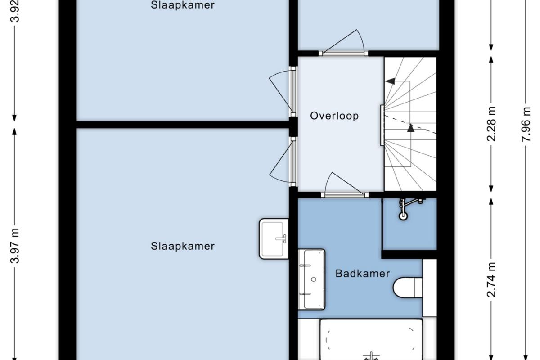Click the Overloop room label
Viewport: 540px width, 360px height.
(334, 116)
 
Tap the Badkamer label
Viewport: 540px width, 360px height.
(363, 274)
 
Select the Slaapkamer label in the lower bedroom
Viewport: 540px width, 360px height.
(183, 246)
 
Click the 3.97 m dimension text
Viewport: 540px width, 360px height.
(15, 246)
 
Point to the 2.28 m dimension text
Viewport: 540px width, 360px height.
(491, 124)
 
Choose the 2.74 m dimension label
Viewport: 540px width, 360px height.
(491, 280)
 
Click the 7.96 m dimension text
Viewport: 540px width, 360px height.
(526, 124)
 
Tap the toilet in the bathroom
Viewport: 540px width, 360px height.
(408, 288)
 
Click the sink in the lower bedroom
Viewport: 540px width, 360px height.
(274, 238)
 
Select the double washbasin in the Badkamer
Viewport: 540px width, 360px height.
(311, 279)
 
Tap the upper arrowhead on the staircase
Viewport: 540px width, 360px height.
(390, 81)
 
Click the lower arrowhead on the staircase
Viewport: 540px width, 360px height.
(411, 128)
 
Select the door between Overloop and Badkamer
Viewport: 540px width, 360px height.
(345, 185)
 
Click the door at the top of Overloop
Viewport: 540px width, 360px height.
(343, 43)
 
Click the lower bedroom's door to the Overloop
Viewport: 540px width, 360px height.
(283, 162)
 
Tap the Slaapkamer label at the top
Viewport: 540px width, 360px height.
(183, 5)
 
